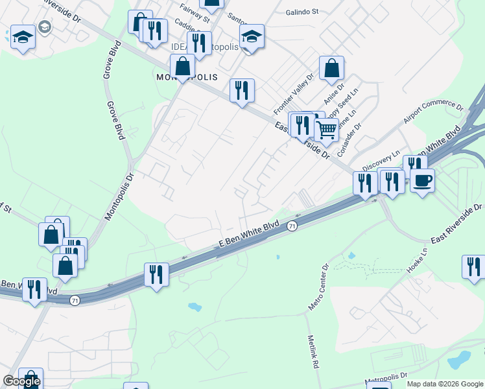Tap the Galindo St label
coord(303,12)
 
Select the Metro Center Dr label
coord(320,287)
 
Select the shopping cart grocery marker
coord(326,129)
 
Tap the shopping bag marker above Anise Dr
coord(331,67)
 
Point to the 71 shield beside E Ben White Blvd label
coord(292,226)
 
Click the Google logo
coord(21,381)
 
